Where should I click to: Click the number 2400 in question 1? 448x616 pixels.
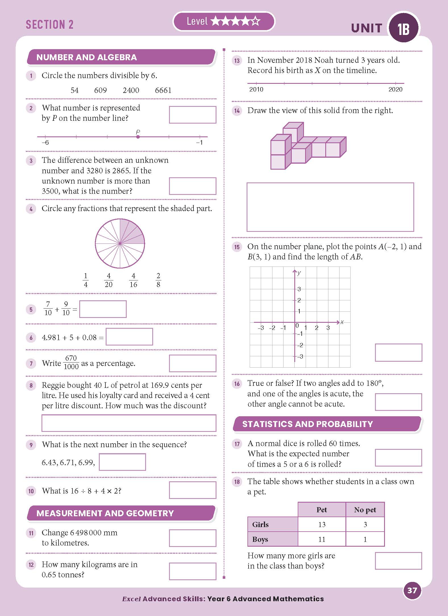(131, 90)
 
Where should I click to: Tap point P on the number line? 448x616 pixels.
(138, 137)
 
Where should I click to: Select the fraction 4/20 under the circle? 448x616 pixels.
(109, 280)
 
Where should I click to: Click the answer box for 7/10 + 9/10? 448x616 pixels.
(103, 309)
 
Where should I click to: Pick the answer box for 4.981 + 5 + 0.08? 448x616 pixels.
(129, 337)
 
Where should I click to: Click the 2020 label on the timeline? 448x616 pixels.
(395, 90)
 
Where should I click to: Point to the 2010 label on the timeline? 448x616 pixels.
(256, 90)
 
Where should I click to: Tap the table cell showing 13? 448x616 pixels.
(322, 525)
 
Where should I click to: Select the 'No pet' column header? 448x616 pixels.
(365, 510)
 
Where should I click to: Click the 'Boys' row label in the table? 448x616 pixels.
(260, 539)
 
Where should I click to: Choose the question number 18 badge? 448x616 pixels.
(237, 482)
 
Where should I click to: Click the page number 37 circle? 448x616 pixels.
(412, 590)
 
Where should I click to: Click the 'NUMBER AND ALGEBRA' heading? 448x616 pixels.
(87, 57)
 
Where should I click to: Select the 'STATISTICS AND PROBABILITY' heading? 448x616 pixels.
(307, 424)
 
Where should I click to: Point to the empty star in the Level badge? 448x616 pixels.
(256, 21)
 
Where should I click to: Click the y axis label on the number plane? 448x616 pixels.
(299, 273)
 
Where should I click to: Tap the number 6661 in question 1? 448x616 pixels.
(163, 90)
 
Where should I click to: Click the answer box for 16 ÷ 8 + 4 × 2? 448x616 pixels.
(193, 490)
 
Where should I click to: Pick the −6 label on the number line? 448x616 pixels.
(45, 143)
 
